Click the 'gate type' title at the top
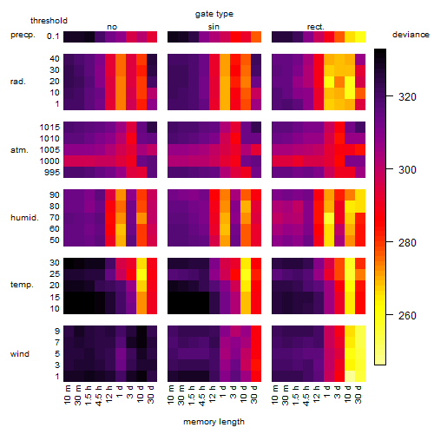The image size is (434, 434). [x=214, y=14]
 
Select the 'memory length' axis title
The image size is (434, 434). [x=214, y=422]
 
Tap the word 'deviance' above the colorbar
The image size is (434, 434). [x=411, y=35]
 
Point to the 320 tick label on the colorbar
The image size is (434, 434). [x=407, y=97]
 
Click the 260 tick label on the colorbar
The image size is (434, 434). [x=407, y=315]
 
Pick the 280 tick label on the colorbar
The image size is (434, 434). [x=407, y=242]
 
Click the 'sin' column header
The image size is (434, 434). [x=214, y=27]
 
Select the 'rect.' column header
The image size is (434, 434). [x=315, y=27]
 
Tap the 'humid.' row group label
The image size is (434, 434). [x=24, y=217]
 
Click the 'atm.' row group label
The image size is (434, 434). [x=19, y=150]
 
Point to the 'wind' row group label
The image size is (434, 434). [x=20, y=354]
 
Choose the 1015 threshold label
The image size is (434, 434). [x=49, y=128]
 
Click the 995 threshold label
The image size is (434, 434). [x=52, y=173]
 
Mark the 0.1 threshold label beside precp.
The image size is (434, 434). [x=53, y=36]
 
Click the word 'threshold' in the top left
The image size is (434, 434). [x=49, y=21]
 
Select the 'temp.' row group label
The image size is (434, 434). [x=22, y=285]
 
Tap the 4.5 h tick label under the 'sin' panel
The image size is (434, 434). [x=201, y=396]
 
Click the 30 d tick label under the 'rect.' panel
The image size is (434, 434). [x=358, y=394]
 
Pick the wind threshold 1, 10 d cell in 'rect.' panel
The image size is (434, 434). [x=350, y=377]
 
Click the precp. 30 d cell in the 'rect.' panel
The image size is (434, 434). [x=360, y=36]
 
